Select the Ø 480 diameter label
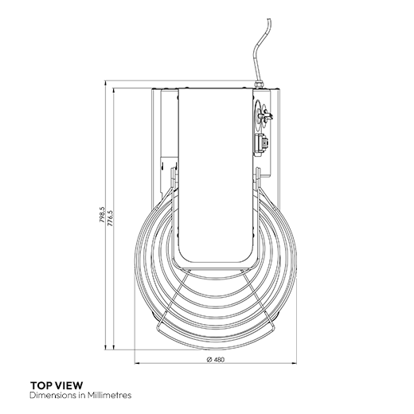pyautogui.click(x=213, y=359)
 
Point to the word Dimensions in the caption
pyautogui.click(x=49, y=394)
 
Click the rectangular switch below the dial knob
pyautogui.click(x=260, y=144)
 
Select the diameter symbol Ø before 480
pyautogui.click(x=207, y=359)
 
